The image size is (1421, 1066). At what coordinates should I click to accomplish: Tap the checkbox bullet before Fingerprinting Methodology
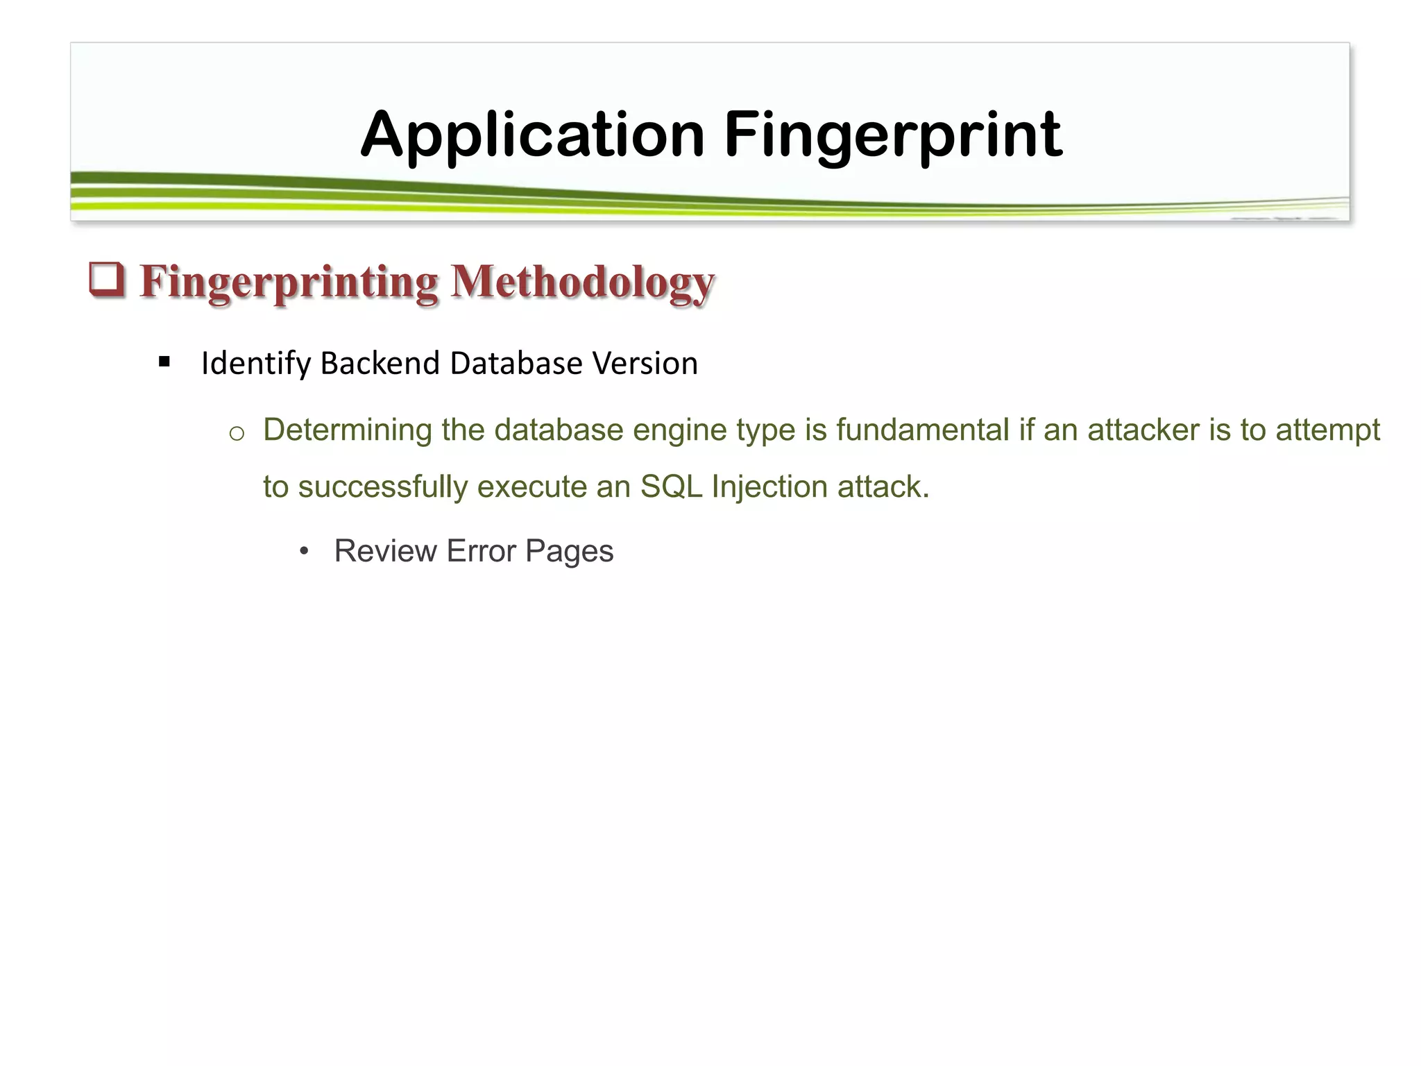coord(107,280)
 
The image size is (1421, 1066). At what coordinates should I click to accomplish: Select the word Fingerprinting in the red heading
coord(289,282)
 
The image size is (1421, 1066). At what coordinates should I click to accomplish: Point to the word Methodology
coord(582,282)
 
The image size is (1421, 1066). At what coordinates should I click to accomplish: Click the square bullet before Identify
coord(164,362)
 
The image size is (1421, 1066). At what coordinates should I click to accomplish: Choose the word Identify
coord(255,364)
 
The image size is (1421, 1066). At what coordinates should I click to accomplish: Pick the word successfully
coord(383,487)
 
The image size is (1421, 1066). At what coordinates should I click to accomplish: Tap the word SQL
coord(671,487)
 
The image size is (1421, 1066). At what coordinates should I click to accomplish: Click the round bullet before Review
coord(303,552)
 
